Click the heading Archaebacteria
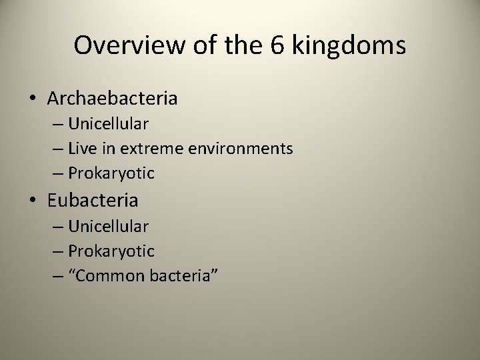point(112,99)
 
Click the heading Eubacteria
point(93,200)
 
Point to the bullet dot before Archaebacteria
point(33,99)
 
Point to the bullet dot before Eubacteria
point(33,201)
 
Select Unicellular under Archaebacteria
point(108,124)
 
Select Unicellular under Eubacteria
point(108,226)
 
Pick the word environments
point(241,149)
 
